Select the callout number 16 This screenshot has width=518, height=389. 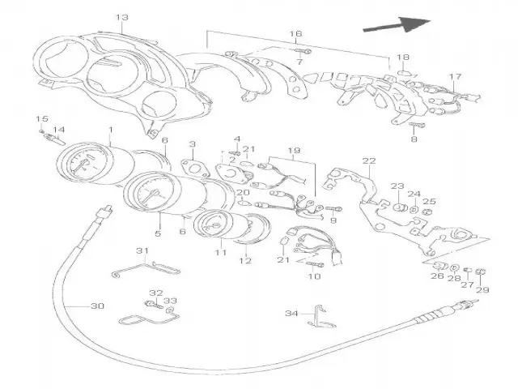pos(296,34)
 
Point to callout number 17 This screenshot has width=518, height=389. pos(456,79)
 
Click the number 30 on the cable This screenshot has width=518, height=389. pos(97,306)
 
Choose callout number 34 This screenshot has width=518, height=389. pos(292,313)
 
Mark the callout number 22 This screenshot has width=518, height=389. pos(370,160)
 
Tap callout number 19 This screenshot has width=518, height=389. pos(294,151)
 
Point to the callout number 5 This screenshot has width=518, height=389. pos(159,234)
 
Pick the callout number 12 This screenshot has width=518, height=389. pos(244,261)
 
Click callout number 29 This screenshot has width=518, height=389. pos(483,289)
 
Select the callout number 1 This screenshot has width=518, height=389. pos(110,130)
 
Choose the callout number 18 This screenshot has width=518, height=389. pos(402,57)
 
